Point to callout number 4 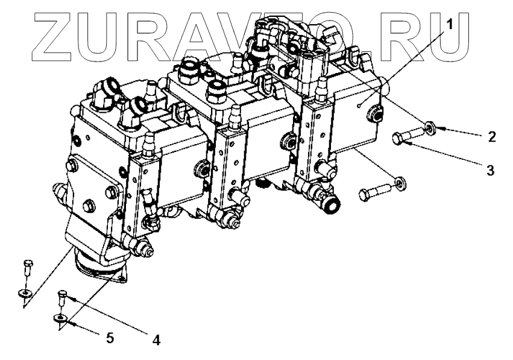click(156, 339)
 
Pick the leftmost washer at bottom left click(25, 293)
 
